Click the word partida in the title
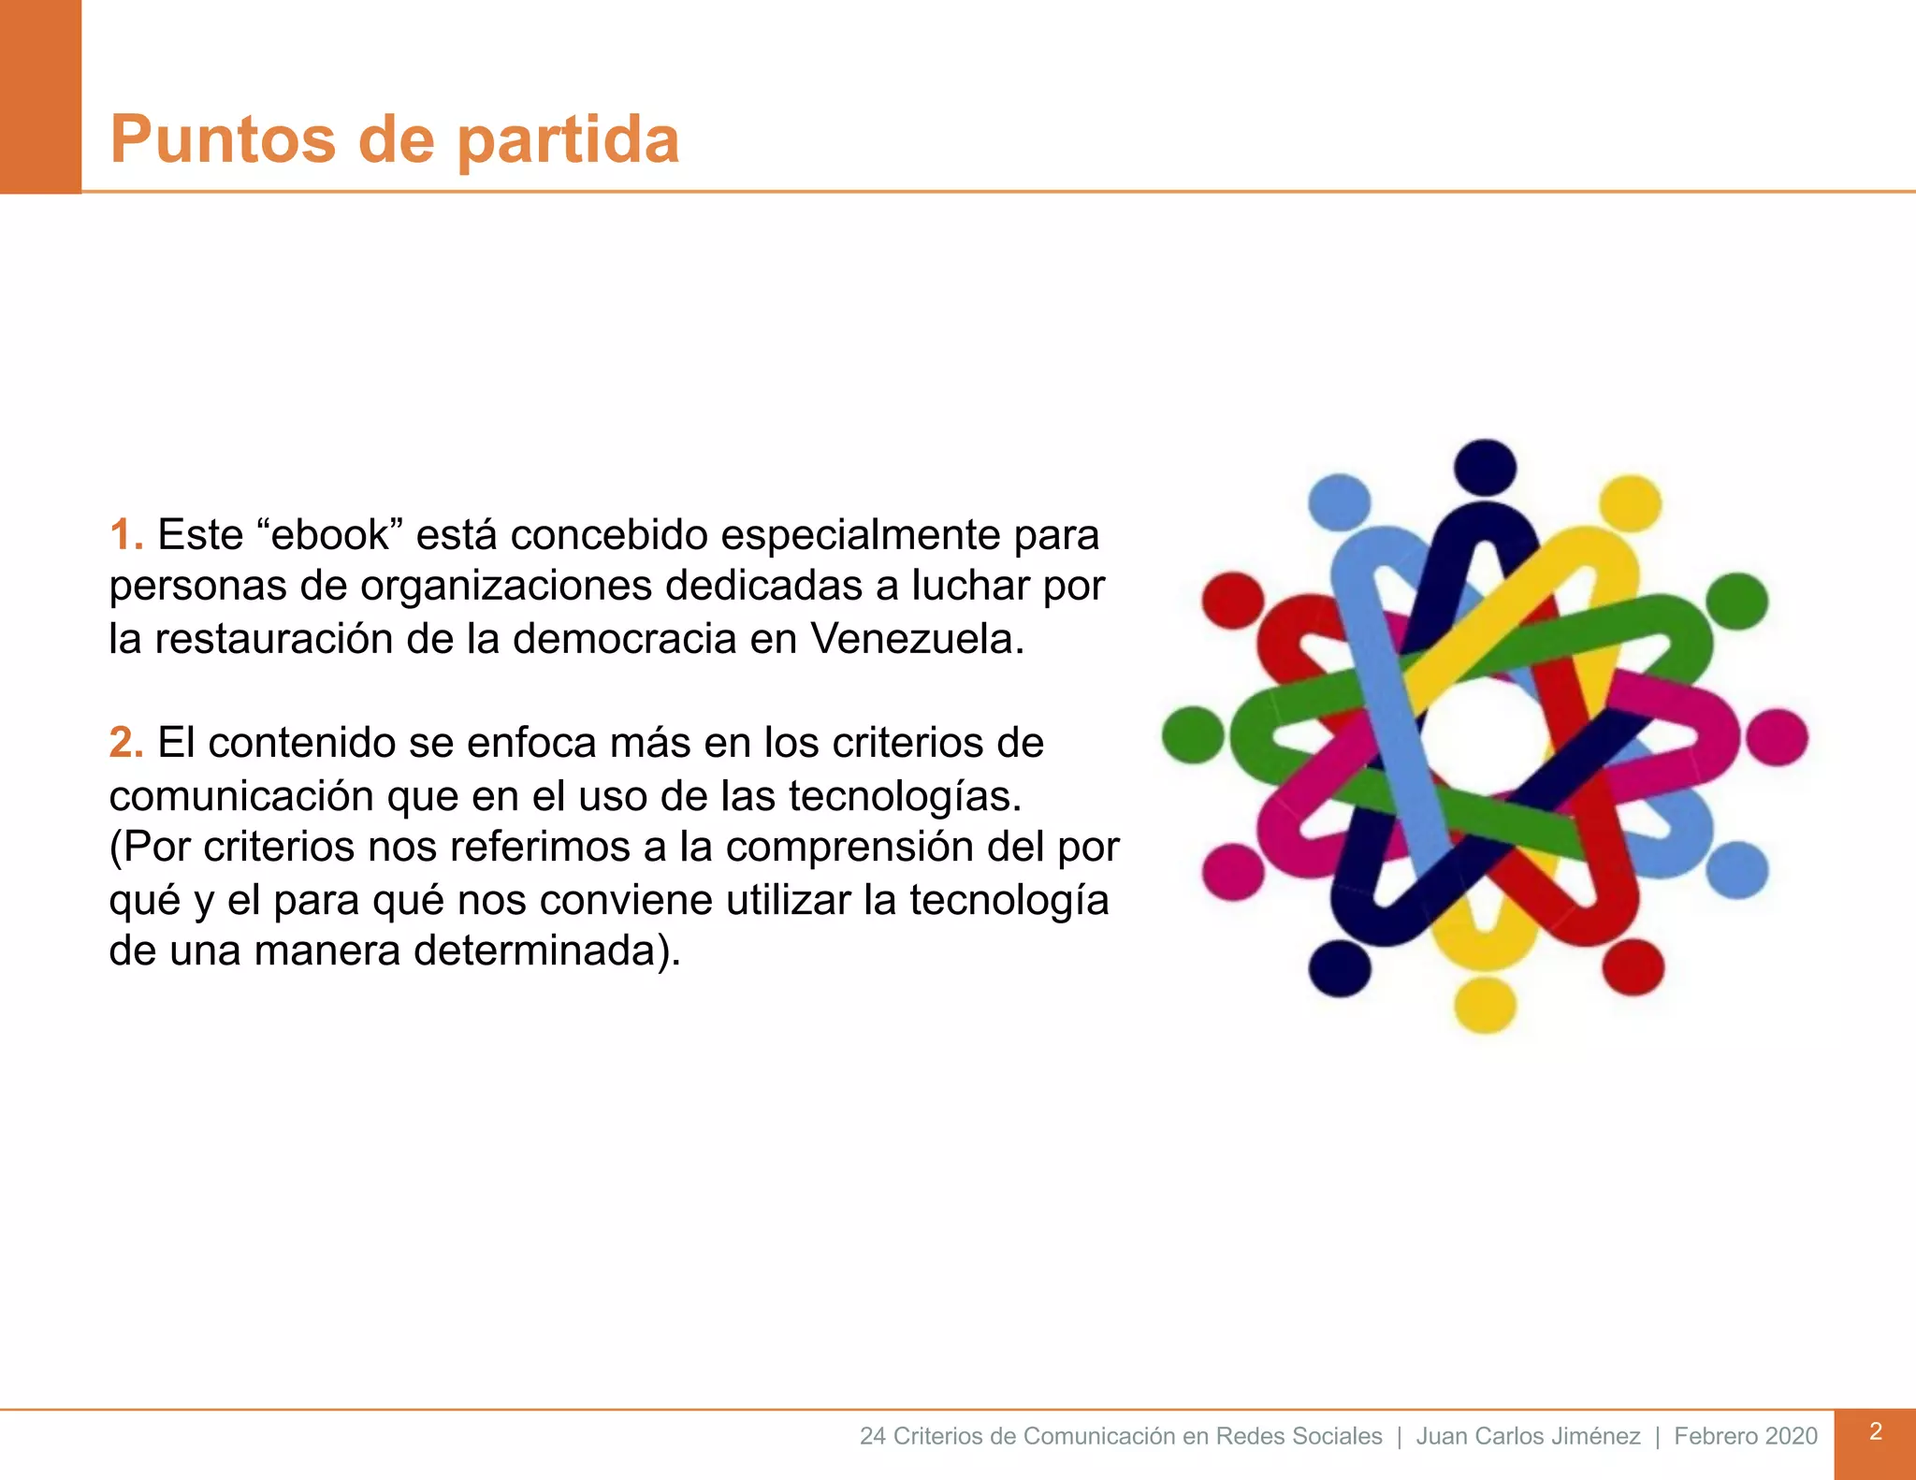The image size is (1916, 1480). [x=568, y=140]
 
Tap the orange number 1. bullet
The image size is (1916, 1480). [x=126, y=534]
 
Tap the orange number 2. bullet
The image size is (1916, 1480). [x=126, y=742]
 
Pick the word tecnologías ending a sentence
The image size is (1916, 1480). [x=905, y=796]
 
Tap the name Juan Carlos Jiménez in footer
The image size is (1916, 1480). [x=1528, y=1436]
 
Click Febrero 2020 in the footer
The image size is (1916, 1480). [x=1746, y=1436]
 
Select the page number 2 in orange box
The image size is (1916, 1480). [x=1875, y=1431]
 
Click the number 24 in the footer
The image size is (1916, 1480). [x=872, y=1436]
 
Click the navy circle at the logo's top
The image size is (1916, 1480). [x=1485, y=465]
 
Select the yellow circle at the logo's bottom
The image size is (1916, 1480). [x=1485, y=1004]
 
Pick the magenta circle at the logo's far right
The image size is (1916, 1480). [x=1777, y=737]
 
